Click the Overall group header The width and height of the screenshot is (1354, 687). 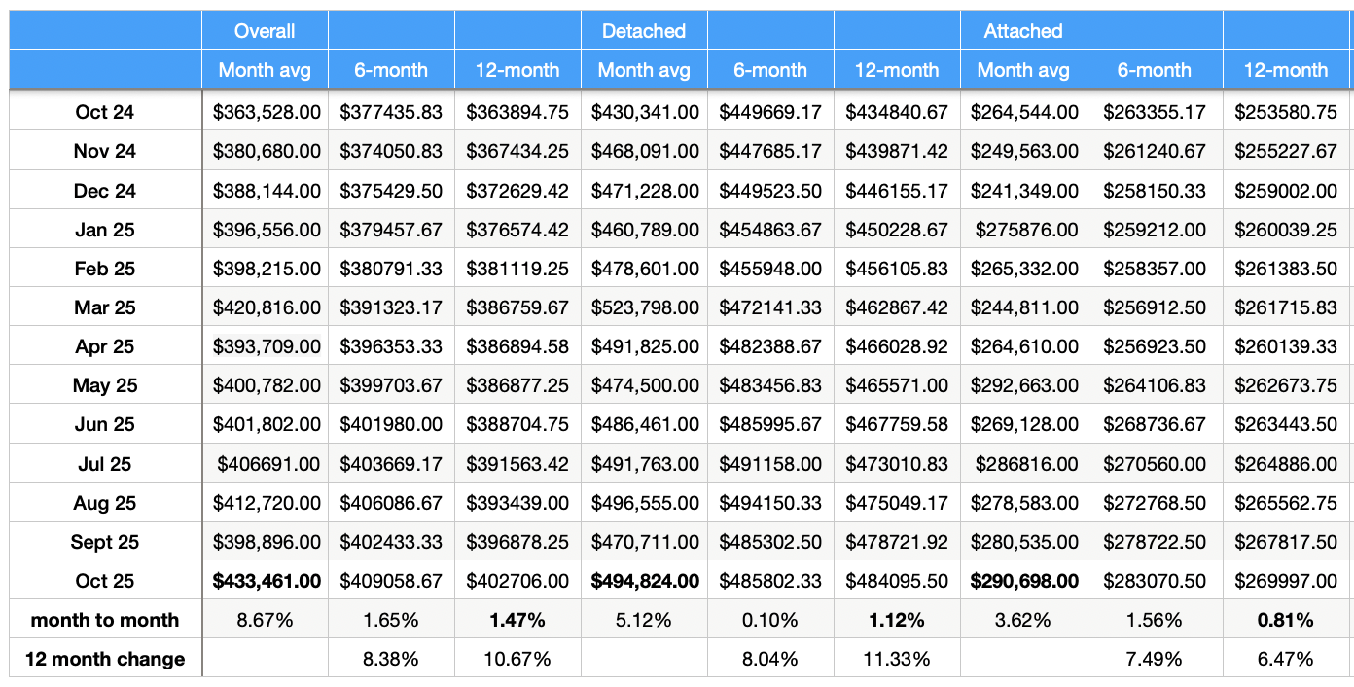(x=265, y=31)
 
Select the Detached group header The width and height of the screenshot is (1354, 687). (x=644, y=31)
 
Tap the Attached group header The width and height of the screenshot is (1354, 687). (x=1023, y=31)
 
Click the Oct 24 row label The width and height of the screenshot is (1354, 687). (x=105, y=112)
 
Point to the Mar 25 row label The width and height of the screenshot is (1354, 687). (x=105, y=307)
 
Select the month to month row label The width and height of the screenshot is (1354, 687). (x=105, y=620)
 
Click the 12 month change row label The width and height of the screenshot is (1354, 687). (x=105, y=659)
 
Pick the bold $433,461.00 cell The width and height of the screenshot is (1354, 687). (x=267, y=581)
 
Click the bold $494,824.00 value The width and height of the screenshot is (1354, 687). (x=646, y=581)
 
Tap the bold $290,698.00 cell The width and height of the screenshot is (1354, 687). (x=1024, y=581)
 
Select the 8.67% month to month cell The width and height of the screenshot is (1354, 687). (x=267, y=620)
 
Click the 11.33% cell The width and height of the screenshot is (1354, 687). (x=897, y=659)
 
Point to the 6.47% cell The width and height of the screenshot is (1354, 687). (x=1286, y=659)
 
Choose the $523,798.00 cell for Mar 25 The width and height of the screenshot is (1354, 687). (x=646, y=307)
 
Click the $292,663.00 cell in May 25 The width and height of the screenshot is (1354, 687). (x=1024, y=385)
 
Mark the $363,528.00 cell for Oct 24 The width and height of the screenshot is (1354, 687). (x=267, y=112)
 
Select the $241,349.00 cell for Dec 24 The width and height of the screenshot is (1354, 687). (x=1024, y=191)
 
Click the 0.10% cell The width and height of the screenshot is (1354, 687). (x=770, y=620)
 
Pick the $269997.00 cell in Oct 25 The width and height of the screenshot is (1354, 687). (x=1286, y=581)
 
